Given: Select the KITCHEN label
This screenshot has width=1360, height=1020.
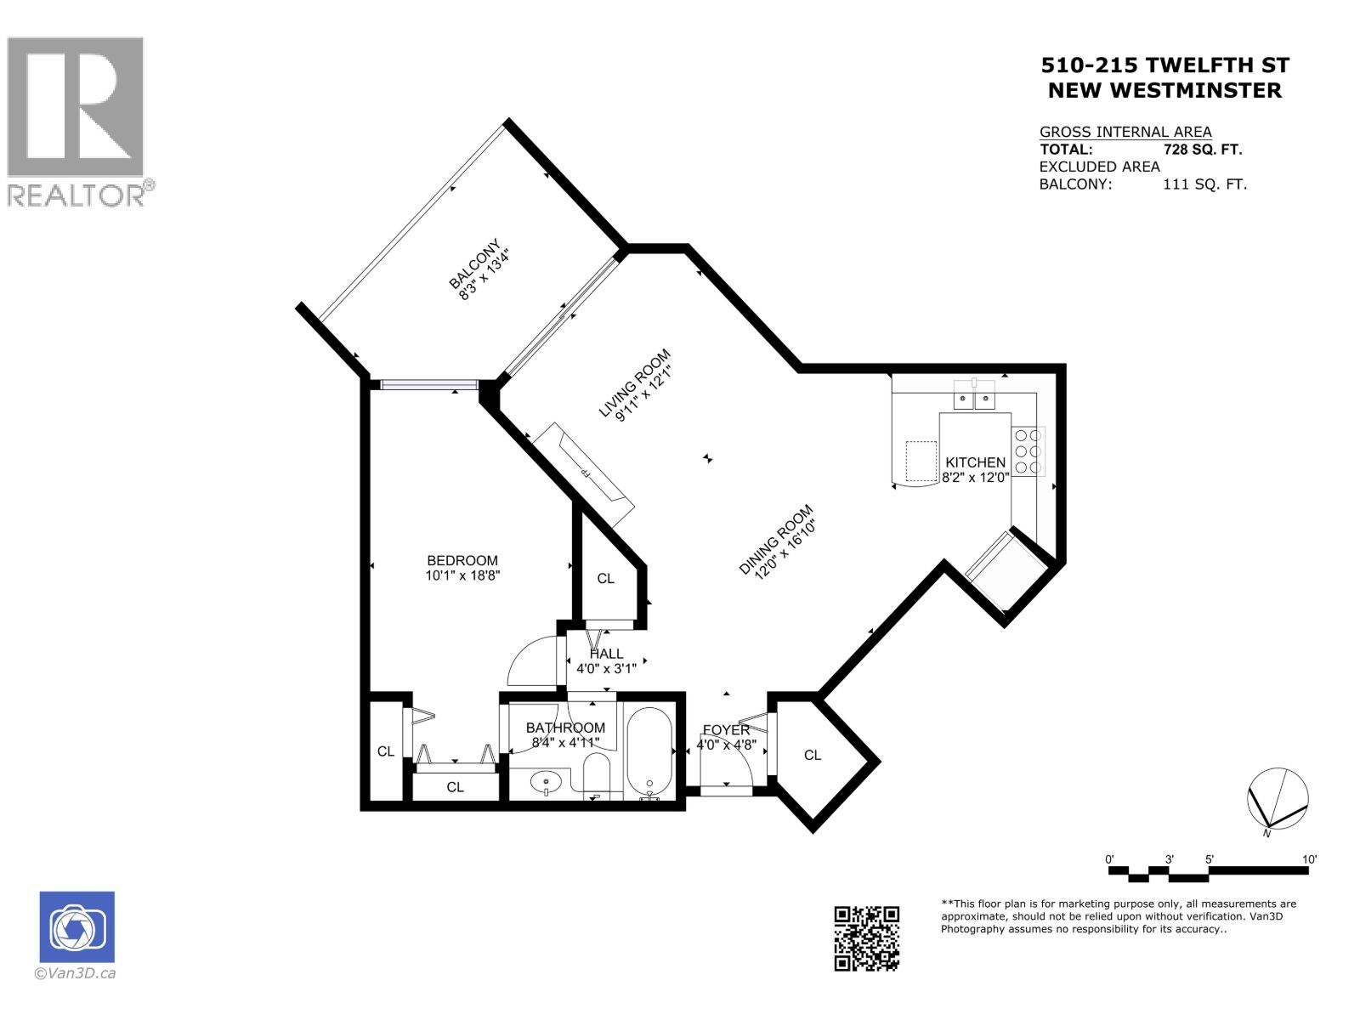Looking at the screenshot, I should [975, 462].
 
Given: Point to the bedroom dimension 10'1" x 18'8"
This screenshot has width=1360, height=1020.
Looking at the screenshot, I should [462, 575].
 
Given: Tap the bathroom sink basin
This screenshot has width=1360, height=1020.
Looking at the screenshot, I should [545, 781].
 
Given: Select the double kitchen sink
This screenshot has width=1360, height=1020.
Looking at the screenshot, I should [974, 397].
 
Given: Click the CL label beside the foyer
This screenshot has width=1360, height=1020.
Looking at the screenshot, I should [813, 755].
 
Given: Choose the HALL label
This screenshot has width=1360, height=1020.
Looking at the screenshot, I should [606, 654].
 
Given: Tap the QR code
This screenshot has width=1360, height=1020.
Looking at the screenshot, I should [866, 938].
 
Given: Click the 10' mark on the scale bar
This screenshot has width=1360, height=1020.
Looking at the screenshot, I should [1309, 859].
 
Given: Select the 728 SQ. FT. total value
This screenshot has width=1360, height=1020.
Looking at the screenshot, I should [1202, 150].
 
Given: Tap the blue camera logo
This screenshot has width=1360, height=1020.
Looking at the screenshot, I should [77, 927].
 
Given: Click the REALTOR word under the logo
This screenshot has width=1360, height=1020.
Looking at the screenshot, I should [76, 195].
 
